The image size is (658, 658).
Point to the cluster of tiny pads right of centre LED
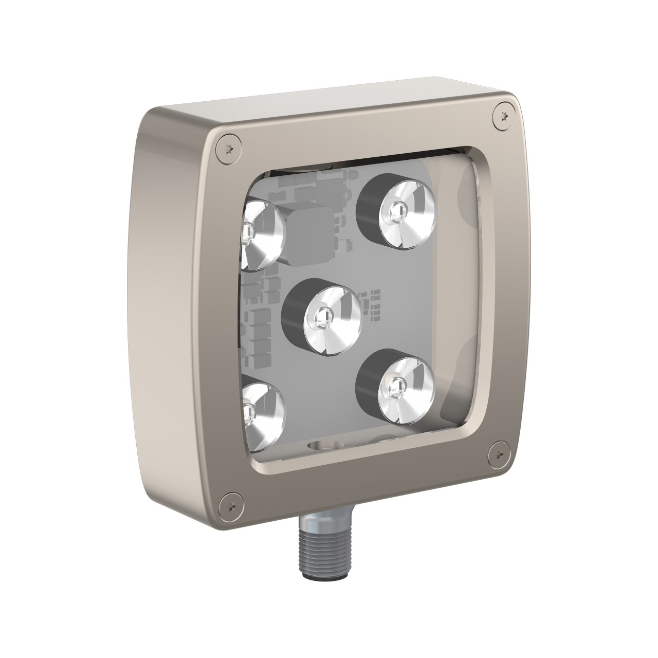click(x=374, y=304)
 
